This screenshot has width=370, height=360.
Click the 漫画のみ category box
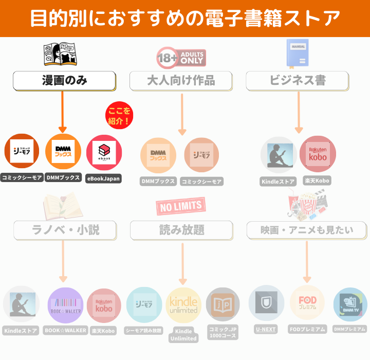pyautogui.click(x=64, y=80)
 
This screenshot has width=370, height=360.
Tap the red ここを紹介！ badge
pyautogui.click(x=119, y=116)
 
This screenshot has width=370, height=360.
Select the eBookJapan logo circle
pyautogui.click(x=104, y=153)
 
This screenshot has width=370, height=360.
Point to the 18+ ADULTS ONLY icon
pyautogui.click(x=180, y=58)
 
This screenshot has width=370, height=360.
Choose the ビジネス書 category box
pyautogui.click(x=297, y=80)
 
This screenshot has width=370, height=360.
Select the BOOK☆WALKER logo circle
pyautogui.click(x=65, y=305)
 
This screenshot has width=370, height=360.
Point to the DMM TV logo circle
pyautogui.click(x=350, y=304)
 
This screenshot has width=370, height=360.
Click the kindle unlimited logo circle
pyautogui.click(x=183, y=305)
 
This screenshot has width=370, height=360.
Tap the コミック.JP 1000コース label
pyautogui.click(x=223, y=332)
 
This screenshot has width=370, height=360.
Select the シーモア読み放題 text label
pyautogui.click(x=144, y=330)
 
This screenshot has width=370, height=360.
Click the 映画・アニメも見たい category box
pyautogui.click(x=306, y=230)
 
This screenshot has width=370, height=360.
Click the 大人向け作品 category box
pyautogui.click(x=181, y=80)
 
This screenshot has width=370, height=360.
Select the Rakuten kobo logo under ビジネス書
pyautogui.click(x=318, y=153)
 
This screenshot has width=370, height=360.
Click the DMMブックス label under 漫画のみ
pyautogui.click(x=63, y=177)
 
